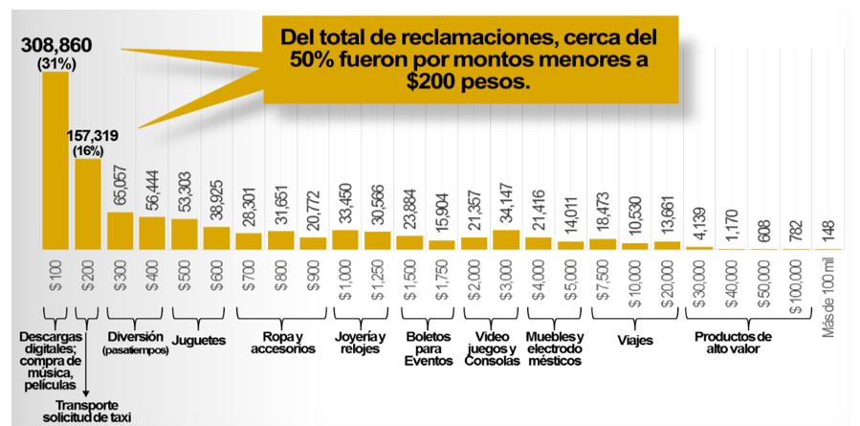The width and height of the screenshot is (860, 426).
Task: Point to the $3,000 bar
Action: click(505, 239)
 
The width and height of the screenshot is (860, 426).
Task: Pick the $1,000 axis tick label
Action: click(345, 280)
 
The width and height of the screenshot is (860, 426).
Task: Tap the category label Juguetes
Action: click(197, 339)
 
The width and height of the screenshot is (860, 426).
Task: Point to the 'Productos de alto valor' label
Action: click(732, 343)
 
